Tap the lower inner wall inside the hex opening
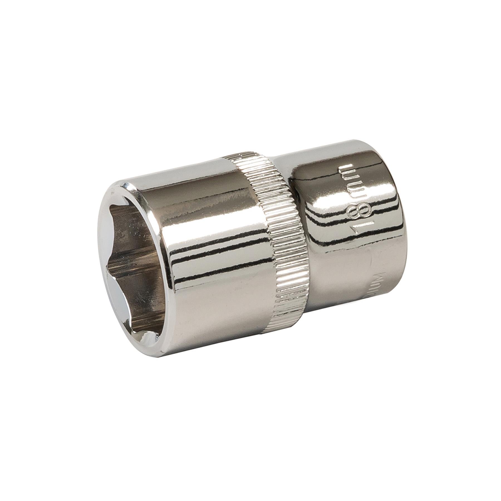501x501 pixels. (x=139, y=301)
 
